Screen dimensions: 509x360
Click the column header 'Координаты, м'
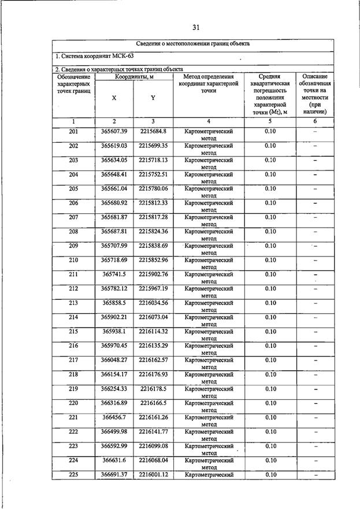(133, 76)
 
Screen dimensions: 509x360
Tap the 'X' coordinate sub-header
(114, 98)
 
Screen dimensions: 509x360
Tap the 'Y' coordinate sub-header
(153, 98)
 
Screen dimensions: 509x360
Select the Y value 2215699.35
(153, 146)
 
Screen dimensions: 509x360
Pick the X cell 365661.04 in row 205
(114, 188)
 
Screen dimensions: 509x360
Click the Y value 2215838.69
(153, 246)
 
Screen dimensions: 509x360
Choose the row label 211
(73, 274)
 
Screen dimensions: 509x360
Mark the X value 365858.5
(114, 303)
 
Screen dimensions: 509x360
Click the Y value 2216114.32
(153, 331)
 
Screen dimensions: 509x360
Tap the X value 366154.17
(114, 374)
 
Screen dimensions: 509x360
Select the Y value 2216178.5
(153, 388)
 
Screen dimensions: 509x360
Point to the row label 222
(73, 431)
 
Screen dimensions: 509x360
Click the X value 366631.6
(114, 460)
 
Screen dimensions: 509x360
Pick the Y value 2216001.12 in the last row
(153, 474)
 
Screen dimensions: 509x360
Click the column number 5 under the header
(269, 121)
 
